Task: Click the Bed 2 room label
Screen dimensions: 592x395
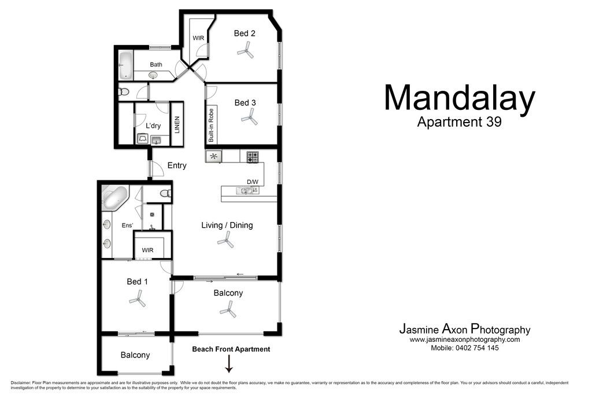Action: pos(245,33)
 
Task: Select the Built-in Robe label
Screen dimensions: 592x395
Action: pos(210,125)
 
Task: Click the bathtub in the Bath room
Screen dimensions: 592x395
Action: pos(125,66)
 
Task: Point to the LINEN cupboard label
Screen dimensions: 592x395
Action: pos(177,124)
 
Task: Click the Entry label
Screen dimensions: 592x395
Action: pos(177,165)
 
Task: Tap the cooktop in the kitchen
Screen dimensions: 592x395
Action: pos(253,157)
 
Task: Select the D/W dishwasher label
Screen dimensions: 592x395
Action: pos(253,182)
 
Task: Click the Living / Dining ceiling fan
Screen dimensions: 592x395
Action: pos(226,240)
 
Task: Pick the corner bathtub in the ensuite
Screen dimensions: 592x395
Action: pos(115,198)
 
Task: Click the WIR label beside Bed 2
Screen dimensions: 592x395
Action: pos(198,38)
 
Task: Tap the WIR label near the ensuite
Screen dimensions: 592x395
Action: pos(147,250)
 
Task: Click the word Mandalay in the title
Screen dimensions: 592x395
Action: pos(460,98)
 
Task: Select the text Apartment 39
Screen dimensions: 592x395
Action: pos(459,121)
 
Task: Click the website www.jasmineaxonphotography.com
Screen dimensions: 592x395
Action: pos(465,339)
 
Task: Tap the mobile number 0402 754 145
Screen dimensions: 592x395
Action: pos(477,348)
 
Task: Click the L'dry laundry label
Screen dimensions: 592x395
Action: pos(153,125)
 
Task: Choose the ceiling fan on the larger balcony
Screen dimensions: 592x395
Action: pos(228,311)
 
